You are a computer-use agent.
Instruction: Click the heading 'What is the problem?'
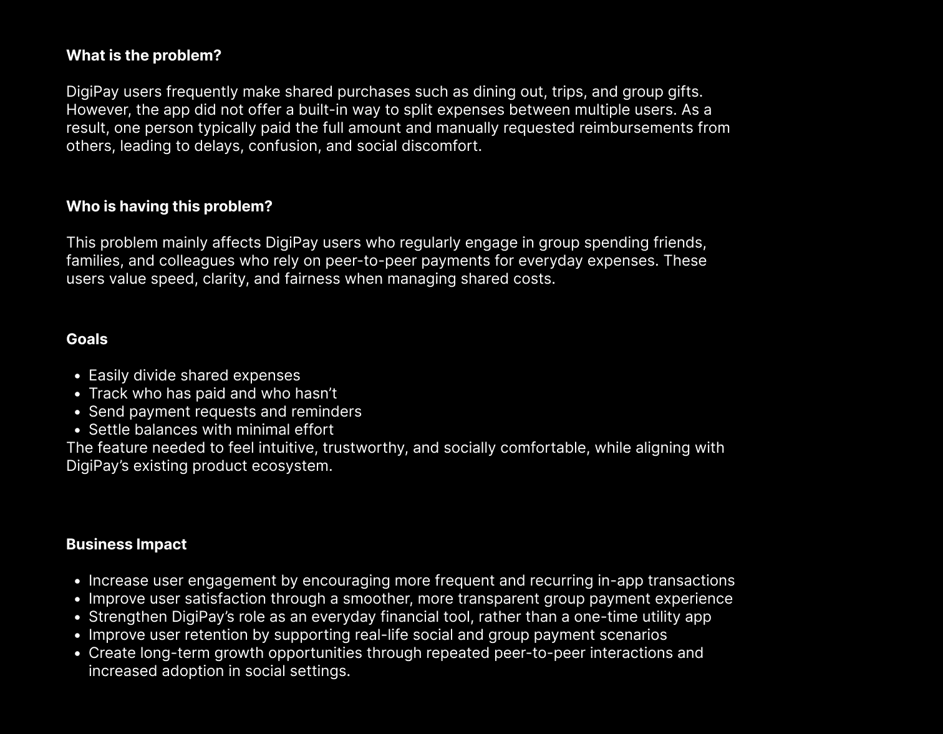click(x=143, y=56)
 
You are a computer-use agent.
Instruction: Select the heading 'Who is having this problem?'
click(x=169, y=206)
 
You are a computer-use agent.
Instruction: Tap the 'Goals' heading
click(x=87, y=339)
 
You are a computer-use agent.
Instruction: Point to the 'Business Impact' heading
click(x=126, y=544)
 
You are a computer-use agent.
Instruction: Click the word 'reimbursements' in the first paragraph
click(x=632, y=128)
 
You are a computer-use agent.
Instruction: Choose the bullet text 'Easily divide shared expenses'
click(x=194, y=375)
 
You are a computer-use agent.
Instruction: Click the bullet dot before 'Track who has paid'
click(x=77, y=394)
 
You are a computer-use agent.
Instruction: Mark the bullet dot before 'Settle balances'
click(x=77, y=430)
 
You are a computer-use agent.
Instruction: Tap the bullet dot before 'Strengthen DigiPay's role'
click(x=77, y=617)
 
